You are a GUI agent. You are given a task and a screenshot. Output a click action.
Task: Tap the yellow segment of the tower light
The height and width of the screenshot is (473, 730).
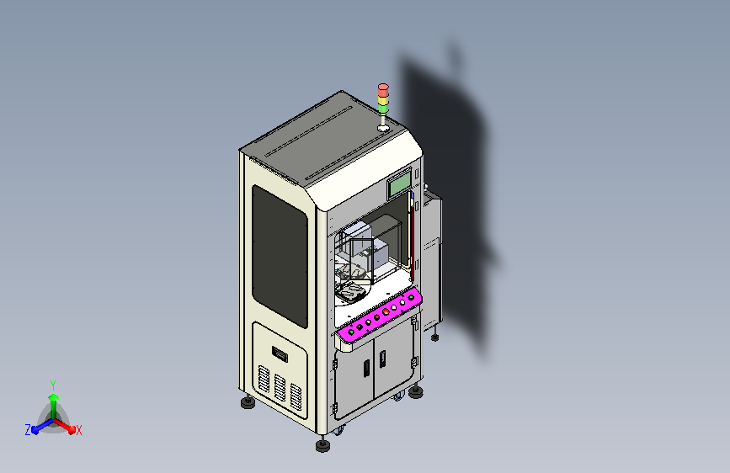click(x=383, y=100)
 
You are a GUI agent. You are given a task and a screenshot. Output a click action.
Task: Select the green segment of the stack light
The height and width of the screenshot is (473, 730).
click(x=383, y=109)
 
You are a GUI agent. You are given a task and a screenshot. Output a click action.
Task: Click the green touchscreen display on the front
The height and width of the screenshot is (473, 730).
click(x=400, y=183)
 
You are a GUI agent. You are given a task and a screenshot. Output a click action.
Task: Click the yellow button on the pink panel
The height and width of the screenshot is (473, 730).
click(x=368, y=322)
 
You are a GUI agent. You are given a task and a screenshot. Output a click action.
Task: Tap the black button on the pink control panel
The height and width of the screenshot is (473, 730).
click(x=360, y=327)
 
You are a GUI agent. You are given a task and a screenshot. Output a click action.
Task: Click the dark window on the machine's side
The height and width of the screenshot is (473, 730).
click(x=280, y=256)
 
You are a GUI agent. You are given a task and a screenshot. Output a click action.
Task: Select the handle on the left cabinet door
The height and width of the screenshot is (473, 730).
click(x=366, y=368)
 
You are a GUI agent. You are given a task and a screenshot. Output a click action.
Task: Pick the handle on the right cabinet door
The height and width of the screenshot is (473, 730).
click(x=382, y=359)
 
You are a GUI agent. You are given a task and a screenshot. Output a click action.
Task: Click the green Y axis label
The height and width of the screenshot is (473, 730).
click(x=53, y=385)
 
